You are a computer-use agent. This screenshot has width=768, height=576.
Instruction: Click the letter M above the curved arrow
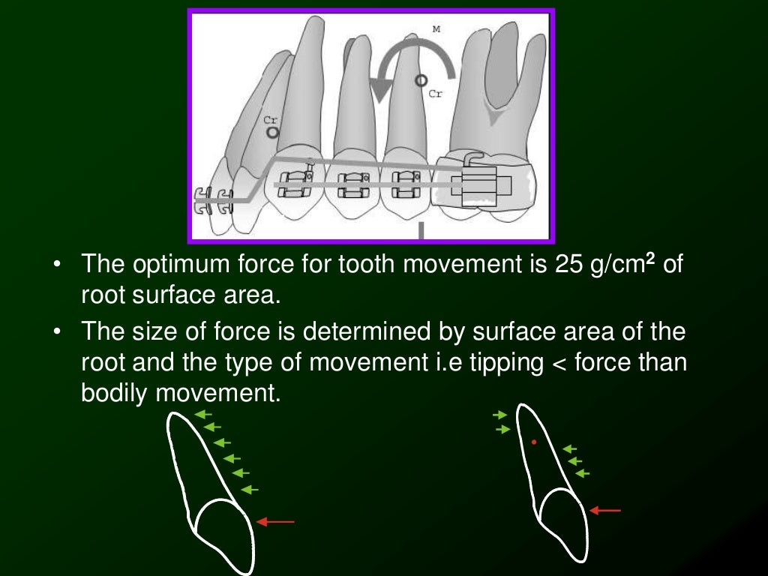[436, 29]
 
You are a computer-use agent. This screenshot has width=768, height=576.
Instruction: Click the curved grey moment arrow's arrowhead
[383, 91]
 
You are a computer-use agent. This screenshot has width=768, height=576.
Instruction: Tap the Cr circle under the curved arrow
[421, 79]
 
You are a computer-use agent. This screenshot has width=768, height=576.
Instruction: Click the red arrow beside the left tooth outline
[275, 521]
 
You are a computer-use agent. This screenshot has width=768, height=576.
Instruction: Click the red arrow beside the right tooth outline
[605, 510]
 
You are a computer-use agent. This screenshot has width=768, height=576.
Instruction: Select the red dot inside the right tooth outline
[533, 442]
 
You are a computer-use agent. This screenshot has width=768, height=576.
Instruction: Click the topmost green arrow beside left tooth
[202, 413]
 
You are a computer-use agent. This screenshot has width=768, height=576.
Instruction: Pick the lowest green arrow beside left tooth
[250, 489]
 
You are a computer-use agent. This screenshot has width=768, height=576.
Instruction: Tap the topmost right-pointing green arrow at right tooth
[500, 415]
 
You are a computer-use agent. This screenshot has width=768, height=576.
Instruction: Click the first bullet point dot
[58, 265]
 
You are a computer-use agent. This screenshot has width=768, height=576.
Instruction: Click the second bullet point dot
[58, 331]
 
